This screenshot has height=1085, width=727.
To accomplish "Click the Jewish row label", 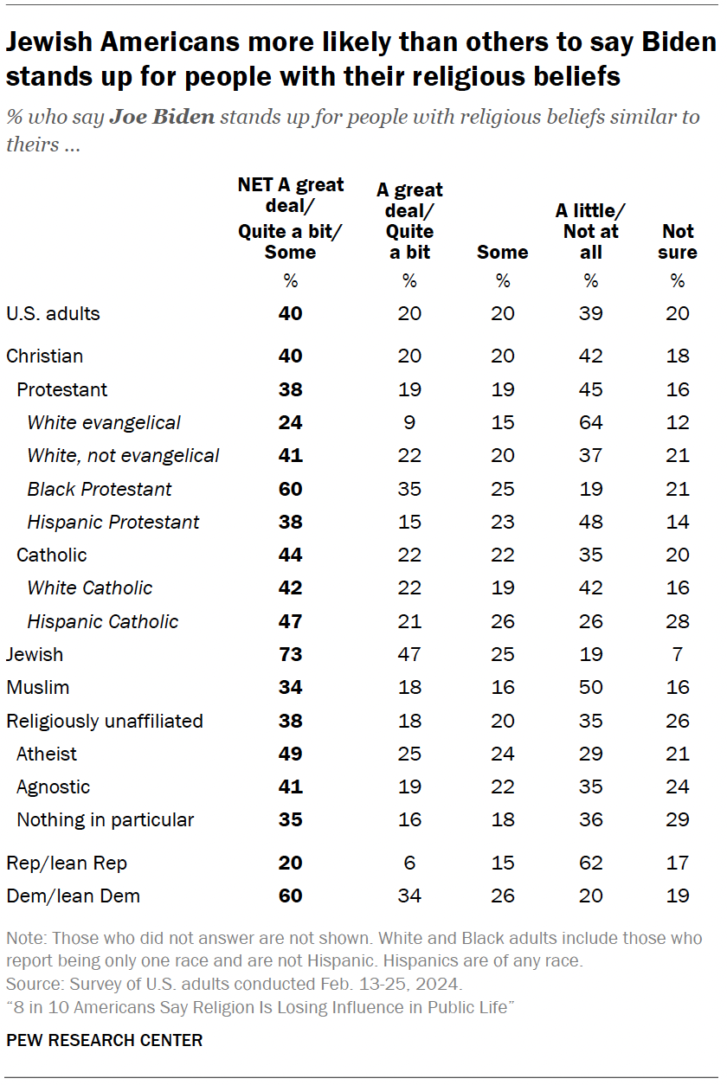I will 35,655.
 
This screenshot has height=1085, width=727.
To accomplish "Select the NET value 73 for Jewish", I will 291,655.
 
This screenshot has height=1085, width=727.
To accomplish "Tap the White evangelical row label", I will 104,423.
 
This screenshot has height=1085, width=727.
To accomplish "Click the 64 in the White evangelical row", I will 591,423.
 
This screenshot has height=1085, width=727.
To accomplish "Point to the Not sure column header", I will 678,241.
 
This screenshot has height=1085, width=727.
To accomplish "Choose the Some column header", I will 502,252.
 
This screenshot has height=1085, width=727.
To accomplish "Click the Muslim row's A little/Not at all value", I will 591,688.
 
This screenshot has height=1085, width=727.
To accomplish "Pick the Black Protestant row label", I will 100,490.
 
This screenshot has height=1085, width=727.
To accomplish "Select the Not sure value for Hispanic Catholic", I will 678,622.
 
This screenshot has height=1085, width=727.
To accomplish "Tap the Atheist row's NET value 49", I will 291,754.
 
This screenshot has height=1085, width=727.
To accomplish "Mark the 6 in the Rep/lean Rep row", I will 409,864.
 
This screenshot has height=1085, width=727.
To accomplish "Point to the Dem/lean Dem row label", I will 73,896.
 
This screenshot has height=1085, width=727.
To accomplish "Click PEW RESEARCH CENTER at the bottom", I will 104,1041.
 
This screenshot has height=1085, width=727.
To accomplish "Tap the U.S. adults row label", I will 53,314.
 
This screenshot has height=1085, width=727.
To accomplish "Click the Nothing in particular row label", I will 105,820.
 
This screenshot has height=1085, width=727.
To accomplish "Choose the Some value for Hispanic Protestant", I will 502,523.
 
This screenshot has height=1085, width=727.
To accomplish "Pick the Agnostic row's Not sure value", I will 678,787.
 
